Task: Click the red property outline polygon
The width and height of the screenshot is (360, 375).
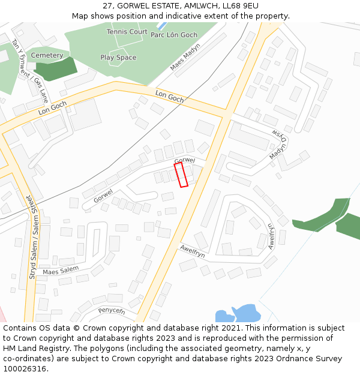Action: (181, 175)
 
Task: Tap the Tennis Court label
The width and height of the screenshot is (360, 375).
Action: (127, 31)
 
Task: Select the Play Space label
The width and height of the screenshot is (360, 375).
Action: (118, 58)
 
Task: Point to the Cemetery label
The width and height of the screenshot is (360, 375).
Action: (47, 55)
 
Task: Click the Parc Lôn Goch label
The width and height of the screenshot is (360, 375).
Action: (174, 35)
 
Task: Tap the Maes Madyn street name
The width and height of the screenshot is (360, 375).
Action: (185, 57)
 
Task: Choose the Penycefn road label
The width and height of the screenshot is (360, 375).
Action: (112, 310)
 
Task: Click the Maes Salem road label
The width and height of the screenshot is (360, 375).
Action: (61, 271)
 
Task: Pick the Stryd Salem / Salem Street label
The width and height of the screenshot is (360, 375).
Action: (33, 236)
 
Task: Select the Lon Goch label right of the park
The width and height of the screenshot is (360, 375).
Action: (170, 96)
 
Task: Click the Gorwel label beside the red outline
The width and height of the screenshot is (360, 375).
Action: (185, 160)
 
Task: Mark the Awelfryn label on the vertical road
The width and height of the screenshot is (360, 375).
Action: (271, 236)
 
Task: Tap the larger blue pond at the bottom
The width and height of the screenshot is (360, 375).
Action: (246, 313)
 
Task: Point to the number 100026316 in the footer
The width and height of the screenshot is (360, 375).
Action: (25, 368)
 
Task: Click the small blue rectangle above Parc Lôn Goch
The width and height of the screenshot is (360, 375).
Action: (161, 26)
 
